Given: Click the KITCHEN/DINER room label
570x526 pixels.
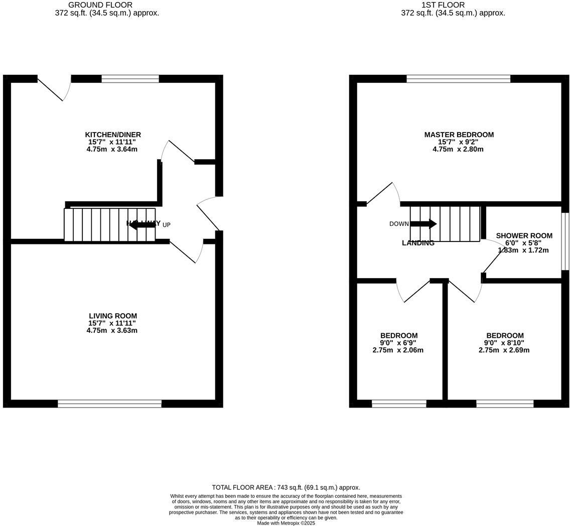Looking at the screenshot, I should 113,135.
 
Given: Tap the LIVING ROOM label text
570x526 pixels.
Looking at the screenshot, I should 113,316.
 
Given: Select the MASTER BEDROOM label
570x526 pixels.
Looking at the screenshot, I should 459,135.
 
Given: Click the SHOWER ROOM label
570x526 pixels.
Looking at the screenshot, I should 524,235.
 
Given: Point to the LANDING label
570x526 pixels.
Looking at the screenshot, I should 418,243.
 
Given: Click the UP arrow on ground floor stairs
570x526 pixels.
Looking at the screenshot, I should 142,225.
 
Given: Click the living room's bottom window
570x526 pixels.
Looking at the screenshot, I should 109,404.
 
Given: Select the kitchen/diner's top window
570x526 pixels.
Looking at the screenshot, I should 130,79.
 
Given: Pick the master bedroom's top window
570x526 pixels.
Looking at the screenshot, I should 458,79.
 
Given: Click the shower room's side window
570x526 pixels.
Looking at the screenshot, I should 564,241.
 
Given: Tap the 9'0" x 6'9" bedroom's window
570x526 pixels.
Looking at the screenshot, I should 399,404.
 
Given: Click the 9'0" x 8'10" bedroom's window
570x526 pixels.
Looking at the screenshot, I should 504,404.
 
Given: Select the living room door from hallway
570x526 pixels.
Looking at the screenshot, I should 186,251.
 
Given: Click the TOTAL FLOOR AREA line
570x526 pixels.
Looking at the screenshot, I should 286,487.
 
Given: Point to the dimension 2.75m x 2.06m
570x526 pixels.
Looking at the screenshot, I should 397,350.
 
